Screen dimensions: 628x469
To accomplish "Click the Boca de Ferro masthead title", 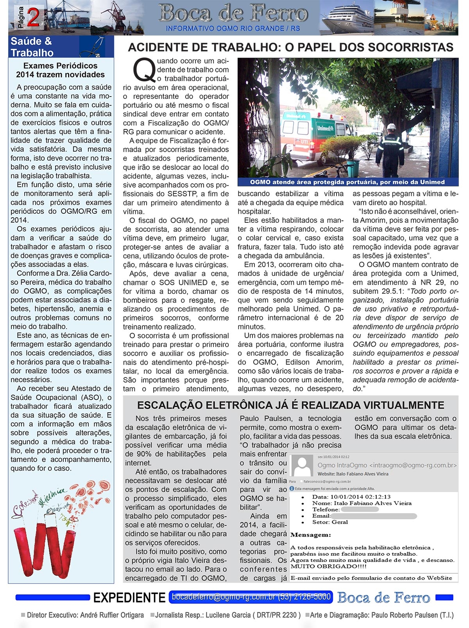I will pyautogui.click(x=233, y=14).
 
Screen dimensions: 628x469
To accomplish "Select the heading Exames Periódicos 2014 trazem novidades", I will pyautogui.click(x=60, y=70).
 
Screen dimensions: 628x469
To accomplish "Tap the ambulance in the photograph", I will pyautogui.click(x=313, y=137).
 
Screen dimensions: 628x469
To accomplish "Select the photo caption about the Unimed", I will pyautogui.click(x=347, y=182).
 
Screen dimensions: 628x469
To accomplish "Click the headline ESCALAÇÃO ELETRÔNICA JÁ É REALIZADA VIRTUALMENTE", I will pyautogui.click(x=290, y=405).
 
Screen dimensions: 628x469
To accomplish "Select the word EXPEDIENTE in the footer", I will pyautogui.click(x=129, y=598).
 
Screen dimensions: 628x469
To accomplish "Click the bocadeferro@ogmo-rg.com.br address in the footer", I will pyautogui.click(x=224, y=597).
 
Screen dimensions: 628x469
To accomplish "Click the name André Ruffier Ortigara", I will pyautogui.click(x=111, y=615).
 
